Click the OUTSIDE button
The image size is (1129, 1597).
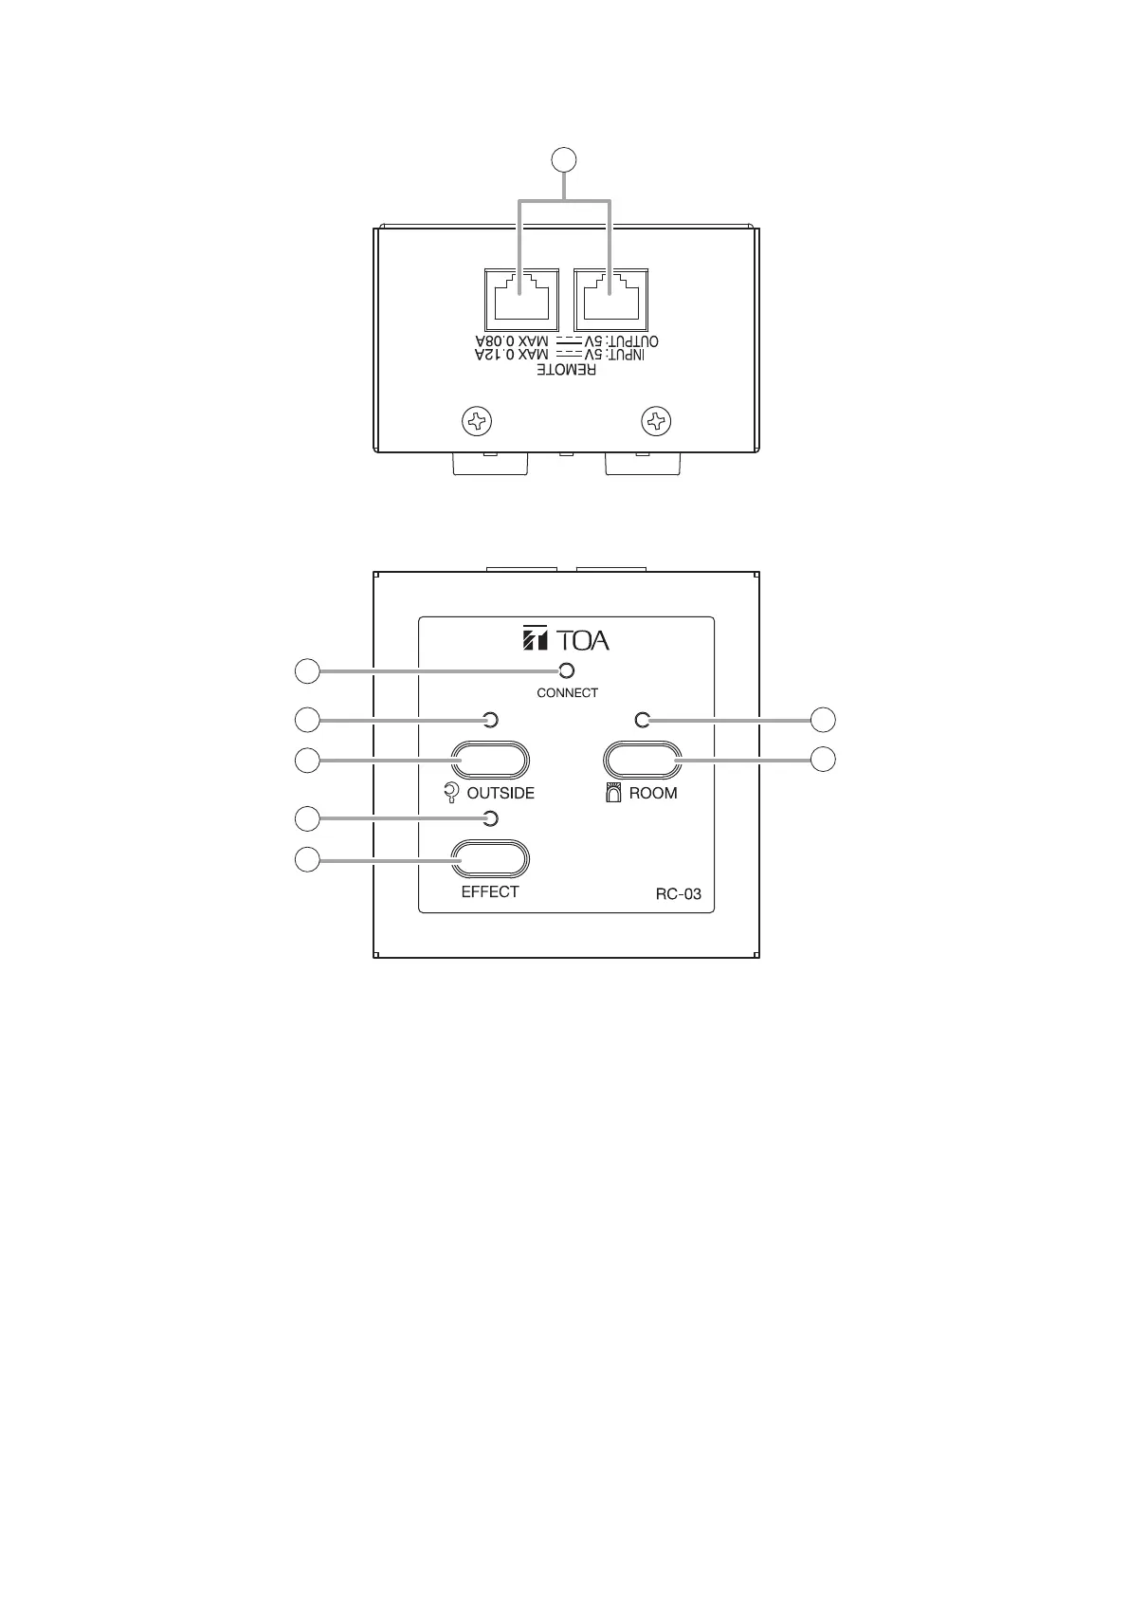tap(490, 761)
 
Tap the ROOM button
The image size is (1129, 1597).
tap(642, 761)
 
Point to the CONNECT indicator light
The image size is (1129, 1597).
tap(567, 671)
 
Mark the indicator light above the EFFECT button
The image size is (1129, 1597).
tap(490, 818)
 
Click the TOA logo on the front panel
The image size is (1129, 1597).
tap(566, 640)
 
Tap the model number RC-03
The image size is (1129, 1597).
tap(678, 893)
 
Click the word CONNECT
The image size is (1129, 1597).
tap(567, 693)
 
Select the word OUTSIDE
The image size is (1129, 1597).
tap(501, 793)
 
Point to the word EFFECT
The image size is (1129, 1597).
tap(490, 891)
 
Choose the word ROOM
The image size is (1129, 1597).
tap(653, 793)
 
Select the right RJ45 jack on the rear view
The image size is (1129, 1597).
tap(610, 301)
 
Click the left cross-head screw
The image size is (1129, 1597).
tap(477, 420)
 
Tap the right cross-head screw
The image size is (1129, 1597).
tap(656, 420)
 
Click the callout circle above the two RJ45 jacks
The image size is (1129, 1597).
tap(565, 159)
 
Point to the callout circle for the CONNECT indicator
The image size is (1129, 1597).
tap(306, 671)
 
